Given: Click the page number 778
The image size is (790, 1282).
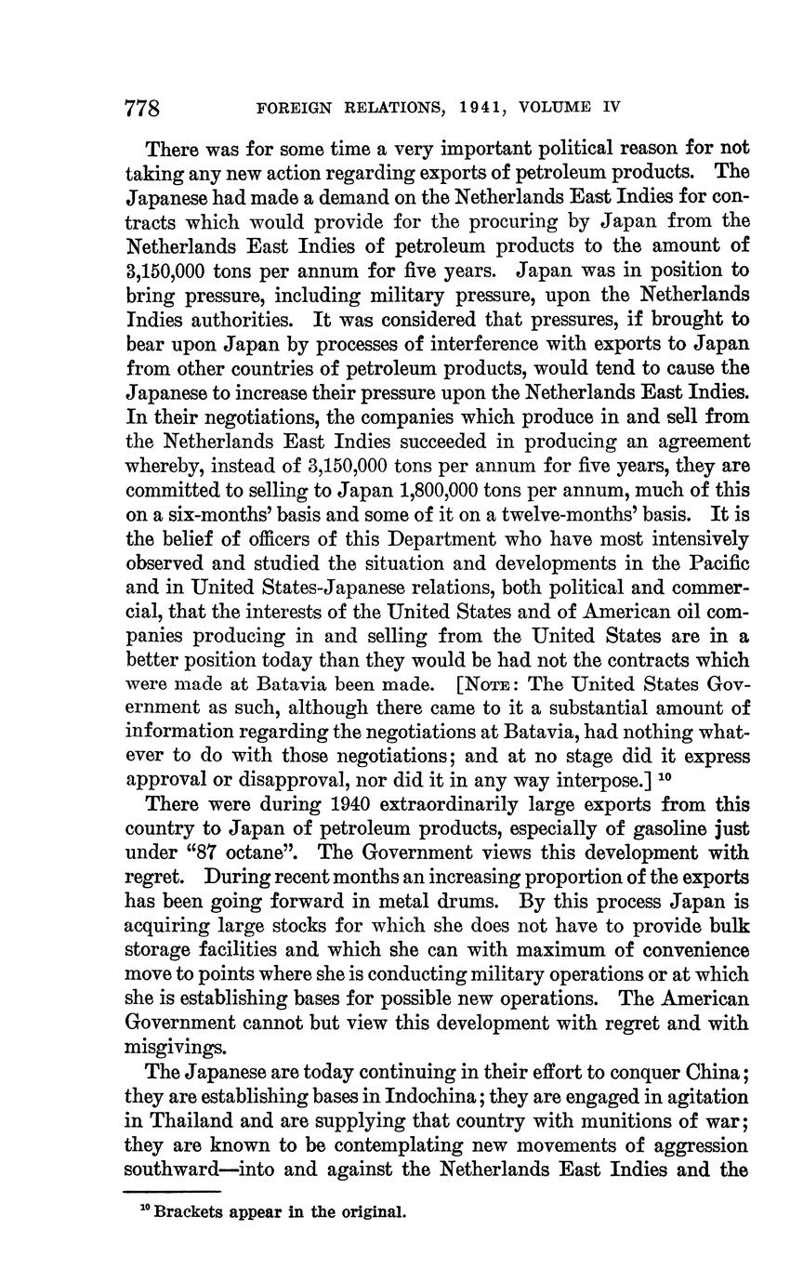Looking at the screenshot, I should (143, 109).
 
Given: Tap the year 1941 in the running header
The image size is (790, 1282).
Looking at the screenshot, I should (480, 108).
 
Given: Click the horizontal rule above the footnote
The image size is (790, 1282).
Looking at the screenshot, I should (172, 1191).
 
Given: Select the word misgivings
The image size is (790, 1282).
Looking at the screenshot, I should (176, 1048).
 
